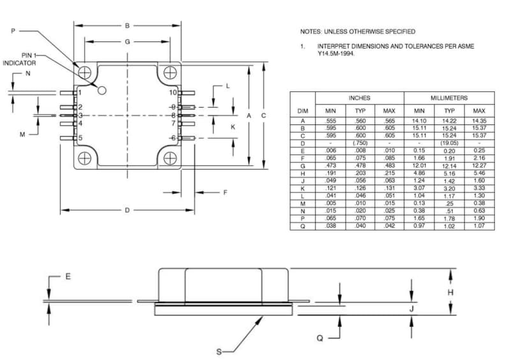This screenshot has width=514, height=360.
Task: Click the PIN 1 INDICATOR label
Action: (x=19, y=59)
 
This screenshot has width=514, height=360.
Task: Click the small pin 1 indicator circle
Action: (x=101, y=91)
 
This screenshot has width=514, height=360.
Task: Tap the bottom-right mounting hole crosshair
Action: (x=170, y=158)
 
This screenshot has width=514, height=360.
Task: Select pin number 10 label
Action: (x=172, y=93)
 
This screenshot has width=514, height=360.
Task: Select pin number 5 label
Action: (x=80, y=138)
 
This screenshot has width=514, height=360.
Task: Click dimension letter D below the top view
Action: (x=127, y=210)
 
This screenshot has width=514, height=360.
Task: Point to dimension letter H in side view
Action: (x=450, y=292)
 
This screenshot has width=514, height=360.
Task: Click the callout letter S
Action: (x=219, y=352)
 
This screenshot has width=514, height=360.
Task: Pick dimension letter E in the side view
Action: (x=68, y=276)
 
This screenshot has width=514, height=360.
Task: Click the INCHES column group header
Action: (x=359, y=98)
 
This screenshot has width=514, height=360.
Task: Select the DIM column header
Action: (x=303, y=111)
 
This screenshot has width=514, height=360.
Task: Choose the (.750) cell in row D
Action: (x=360, y=143)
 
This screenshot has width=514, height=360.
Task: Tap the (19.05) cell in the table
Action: (x=450, y=143)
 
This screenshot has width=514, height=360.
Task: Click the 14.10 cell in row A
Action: (x=419, y=121)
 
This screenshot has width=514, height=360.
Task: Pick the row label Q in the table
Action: (x=303, y=226)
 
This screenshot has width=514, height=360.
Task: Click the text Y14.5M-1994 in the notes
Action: (x=336, y=54)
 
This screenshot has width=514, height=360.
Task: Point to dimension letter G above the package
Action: (x=127, y=41)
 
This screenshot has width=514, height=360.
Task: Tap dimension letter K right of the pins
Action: (x=233, y=127)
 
